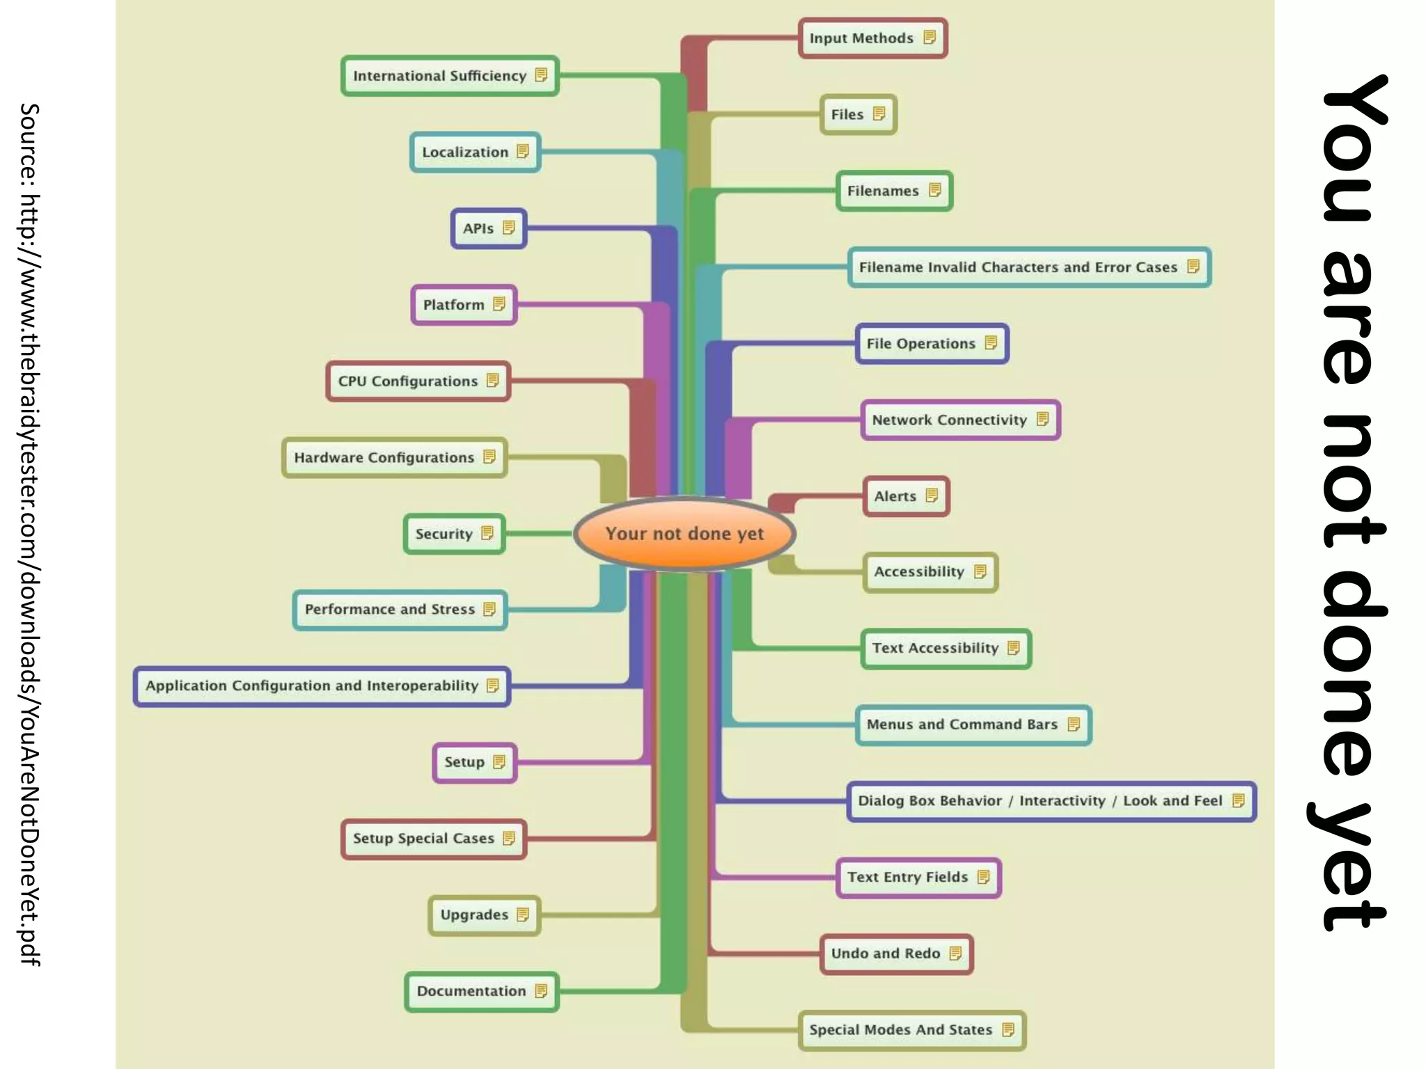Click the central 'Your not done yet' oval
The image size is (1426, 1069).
click(x=684, y=534)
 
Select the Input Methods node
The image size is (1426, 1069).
click(x=872, y=38)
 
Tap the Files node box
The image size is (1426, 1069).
click(x=858, y=114)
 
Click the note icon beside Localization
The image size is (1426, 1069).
click(x=523, y=151)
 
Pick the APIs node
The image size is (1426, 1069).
click(x=488, y=228)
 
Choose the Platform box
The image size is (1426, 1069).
click(x=464, y=305)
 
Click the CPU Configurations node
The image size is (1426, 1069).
click(x=418, y=381)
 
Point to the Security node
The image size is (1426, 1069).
click(x=454, y=534)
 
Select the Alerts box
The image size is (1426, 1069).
click(x=906, y=496)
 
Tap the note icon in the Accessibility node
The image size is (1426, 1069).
click(x=980, y=571)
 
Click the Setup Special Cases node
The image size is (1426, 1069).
click(x=433, y=839)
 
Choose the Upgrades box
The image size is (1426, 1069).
click(x=484, y=915)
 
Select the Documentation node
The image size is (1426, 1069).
click(x=481, y=991)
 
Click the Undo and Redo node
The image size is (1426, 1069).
click(x=896, y=953)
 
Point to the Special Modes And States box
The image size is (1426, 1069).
click(x=911, y=1030)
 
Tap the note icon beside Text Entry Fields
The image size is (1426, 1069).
click(x=983, y=877)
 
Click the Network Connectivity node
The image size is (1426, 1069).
click(x=960, y=420)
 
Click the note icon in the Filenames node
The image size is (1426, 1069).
click(x=935, y=189)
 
